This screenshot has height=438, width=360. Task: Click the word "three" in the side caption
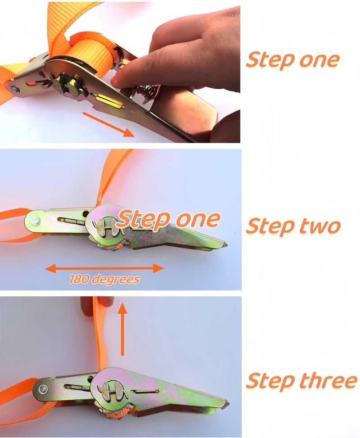pos(328,380)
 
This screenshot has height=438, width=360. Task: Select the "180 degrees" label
pos(104,280)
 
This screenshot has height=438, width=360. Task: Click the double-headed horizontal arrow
pos(104,268)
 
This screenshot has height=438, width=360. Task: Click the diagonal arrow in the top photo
pos(108,125)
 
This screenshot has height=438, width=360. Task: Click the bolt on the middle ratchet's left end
pos(36,221)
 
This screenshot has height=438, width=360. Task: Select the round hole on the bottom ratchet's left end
pos(43,388)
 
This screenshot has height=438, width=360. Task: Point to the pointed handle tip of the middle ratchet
pos(225,244)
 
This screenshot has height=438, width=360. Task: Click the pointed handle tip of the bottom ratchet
pos(227,404)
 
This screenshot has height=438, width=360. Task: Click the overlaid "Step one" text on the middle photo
pos(168,220)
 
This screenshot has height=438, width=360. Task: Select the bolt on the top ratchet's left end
pos(13,90)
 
